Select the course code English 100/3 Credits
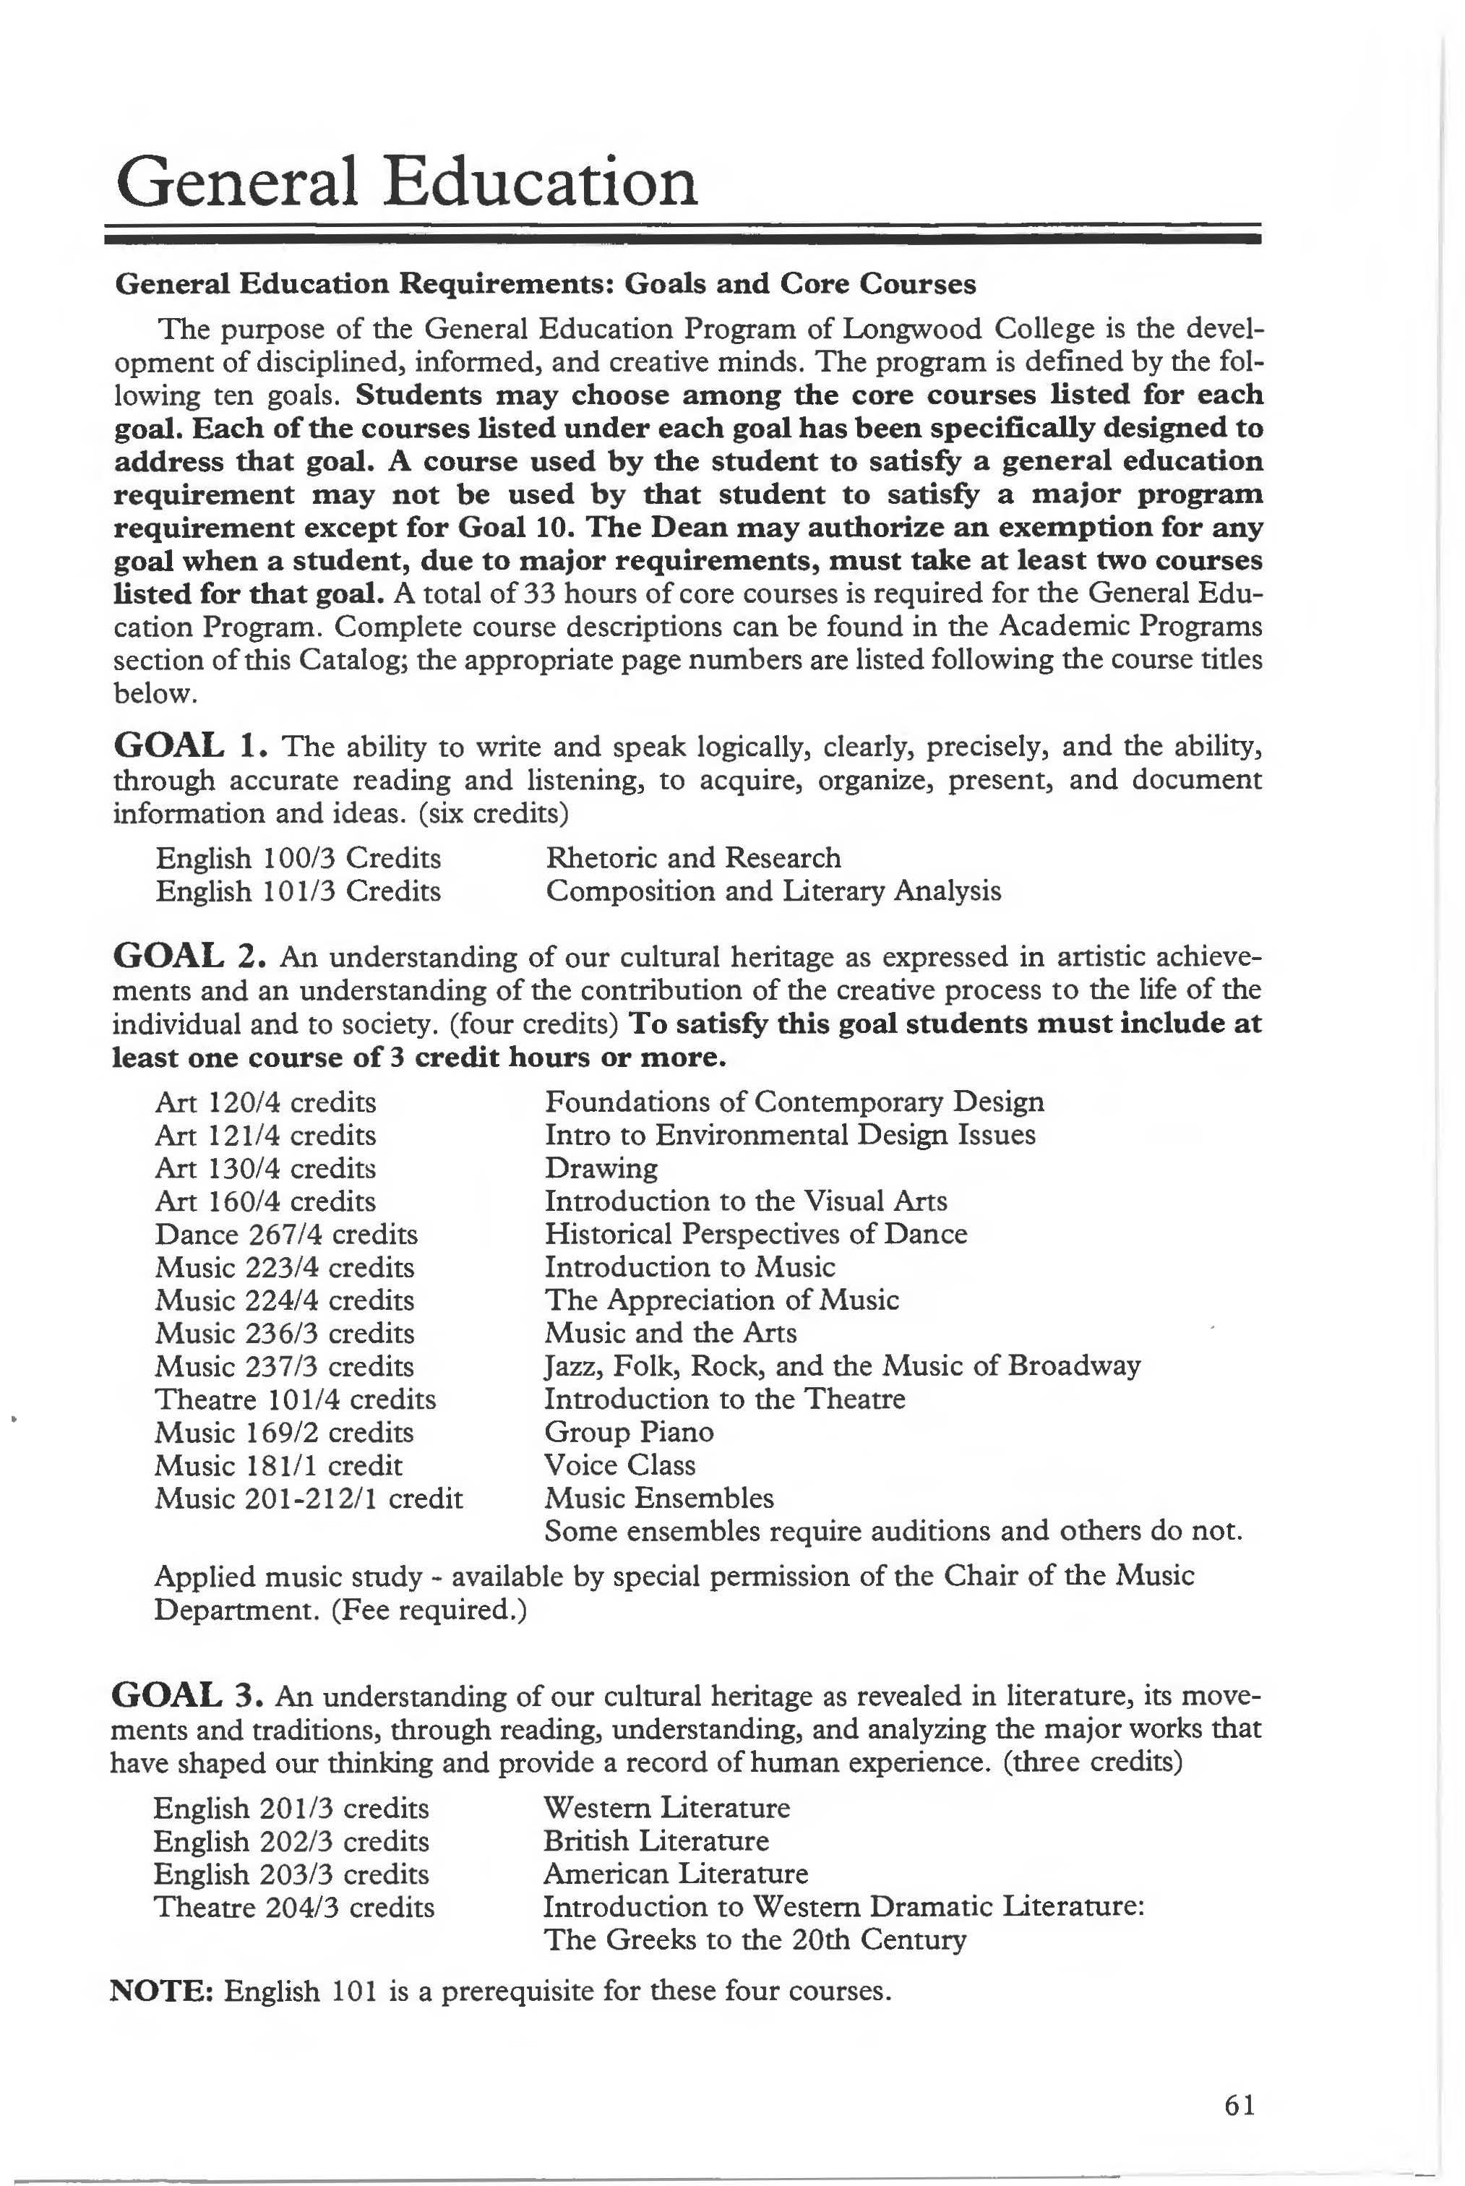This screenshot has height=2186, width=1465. (298, 858)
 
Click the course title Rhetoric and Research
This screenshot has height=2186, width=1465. (693, 858)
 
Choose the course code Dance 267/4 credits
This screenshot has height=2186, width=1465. (286, 1235)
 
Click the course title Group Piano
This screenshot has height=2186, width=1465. (629, 1432)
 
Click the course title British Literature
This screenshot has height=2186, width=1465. (656, 1841)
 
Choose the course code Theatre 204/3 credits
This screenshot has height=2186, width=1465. (293, 1908)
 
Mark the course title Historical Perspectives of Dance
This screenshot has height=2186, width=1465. (755, 1235)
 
